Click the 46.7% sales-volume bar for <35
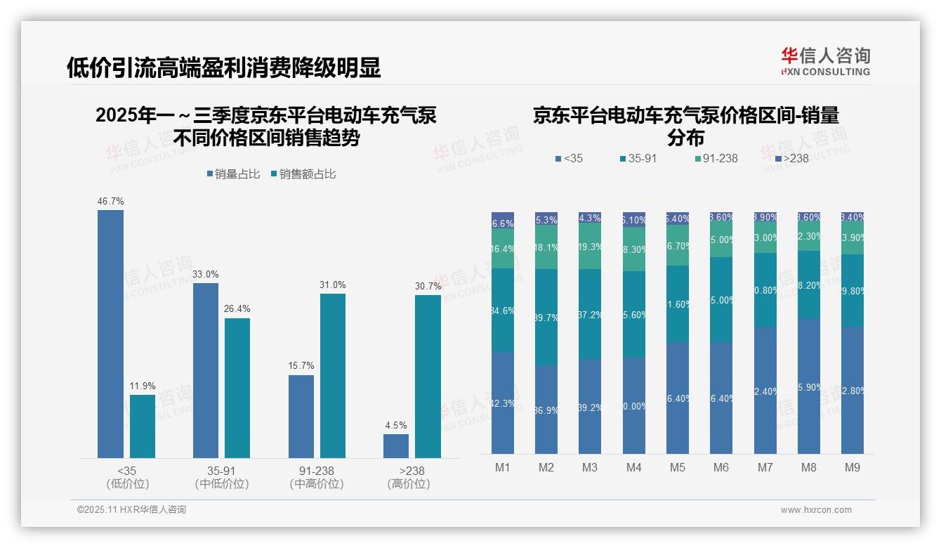[110, 334]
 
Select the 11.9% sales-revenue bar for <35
[143, 426]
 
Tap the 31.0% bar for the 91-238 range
[333, 376]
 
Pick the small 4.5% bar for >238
[395, 446]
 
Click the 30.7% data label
[428, 286]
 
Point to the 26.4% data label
[237, 308]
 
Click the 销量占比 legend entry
[234, 174]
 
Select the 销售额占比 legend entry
[303, 174]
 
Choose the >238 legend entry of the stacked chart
[791, 158]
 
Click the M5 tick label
[677, 467]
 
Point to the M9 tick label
[852, 467]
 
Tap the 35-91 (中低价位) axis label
[221, 477]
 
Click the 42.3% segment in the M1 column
[503, 403]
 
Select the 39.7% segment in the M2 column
[546, 317]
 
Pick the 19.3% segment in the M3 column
[590, 247]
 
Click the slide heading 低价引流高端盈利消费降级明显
[224, 67]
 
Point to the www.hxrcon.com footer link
[816, 510]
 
